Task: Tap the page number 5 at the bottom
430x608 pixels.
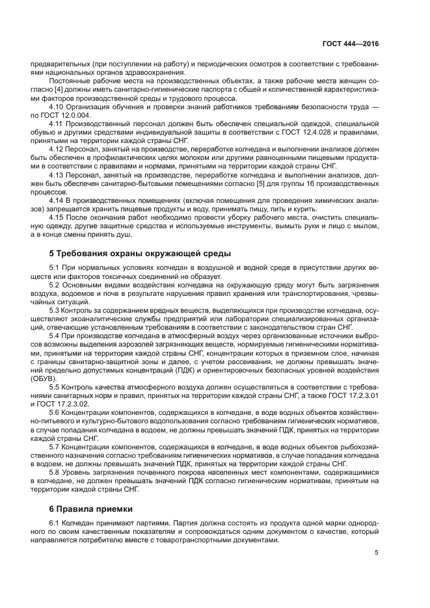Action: [376, 553]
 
